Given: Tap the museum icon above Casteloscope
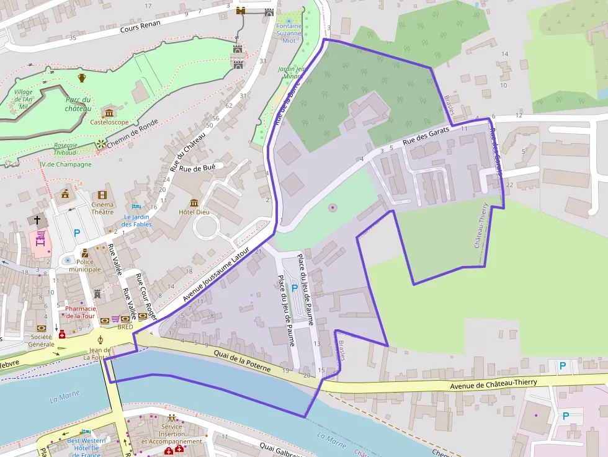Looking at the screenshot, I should tap(109, 112).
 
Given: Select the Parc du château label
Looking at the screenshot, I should tap(78, 104).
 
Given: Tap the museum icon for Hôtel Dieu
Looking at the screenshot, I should tap(194, 203).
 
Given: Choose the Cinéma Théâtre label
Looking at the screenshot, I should tap(102, 208).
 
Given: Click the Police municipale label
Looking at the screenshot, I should tap(85, 265).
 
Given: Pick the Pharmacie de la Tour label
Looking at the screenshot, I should tap(81, 312).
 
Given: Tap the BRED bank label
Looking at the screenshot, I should tap(125, 327).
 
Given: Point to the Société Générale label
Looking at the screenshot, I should tap(42, 340).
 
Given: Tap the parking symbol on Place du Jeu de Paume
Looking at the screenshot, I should tap(295, 288).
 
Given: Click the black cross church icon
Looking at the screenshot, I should tap(37, 220).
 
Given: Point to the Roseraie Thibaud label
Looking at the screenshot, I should tap(66, 148).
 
